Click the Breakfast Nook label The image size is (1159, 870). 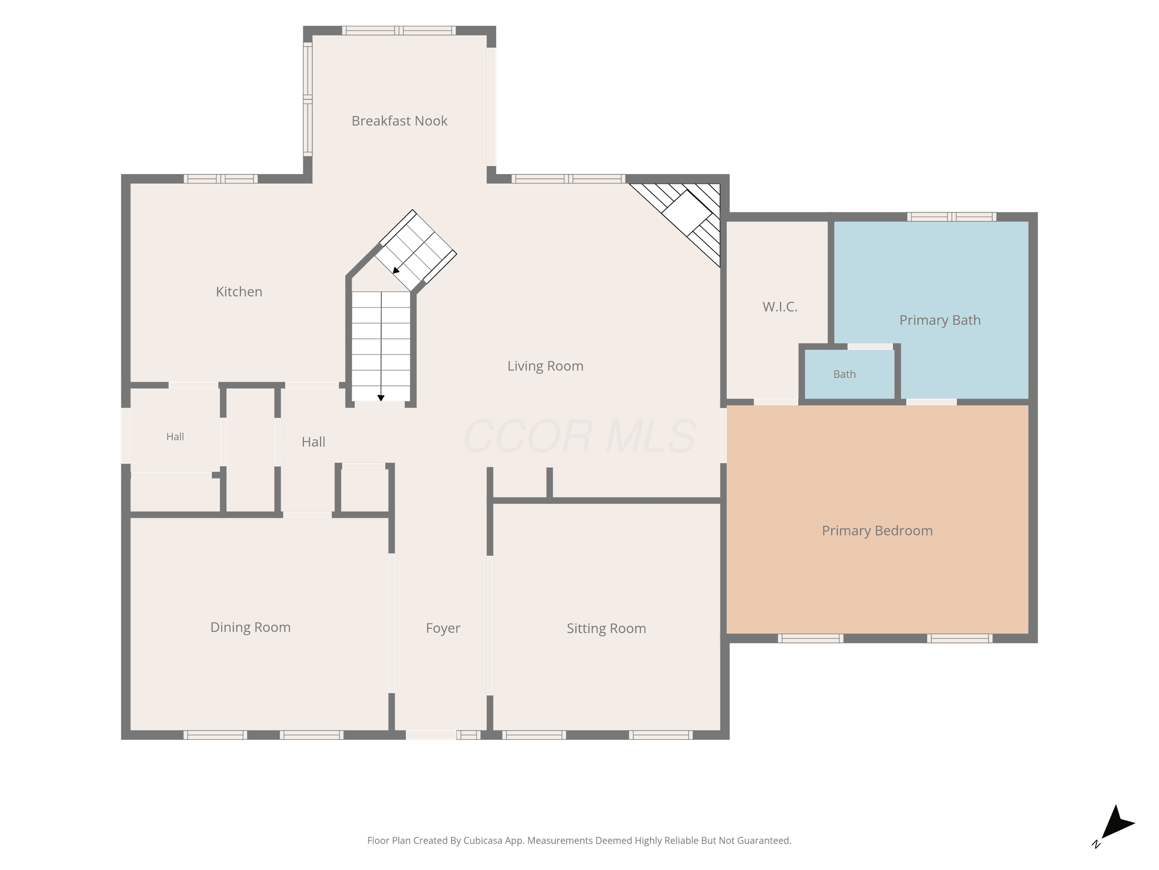[x=399, y=121]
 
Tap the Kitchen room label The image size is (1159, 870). [x=239, y=292]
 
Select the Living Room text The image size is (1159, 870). [x=545, y=366]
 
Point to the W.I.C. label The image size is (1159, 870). [x=780, y=307]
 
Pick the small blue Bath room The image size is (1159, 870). [x=849, y=374]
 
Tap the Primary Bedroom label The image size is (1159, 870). [x=877, y=531]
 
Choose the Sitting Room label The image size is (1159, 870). [x=606, y=628]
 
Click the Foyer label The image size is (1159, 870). [x=443, y=628]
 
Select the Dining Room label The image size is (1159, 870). [x=250, y=627]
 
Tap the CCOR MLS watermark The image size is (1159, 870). [x=579, y=436]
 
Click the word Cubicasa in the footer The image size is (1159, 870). [x=483, y=841]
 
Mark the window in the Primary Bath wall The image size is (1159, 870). [x=952, y=217]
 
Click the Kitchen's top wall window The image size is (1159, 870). [x=221, y=179]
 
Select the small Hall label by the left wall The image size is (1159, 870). [x=175, y=437]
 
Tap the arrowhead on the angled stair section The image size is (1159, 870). [x=396, y=270]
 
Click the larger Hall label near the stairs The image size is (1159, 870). [x=313, y=442]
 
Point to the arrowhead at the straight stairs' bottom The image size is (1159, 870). [x=381, y=398]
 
